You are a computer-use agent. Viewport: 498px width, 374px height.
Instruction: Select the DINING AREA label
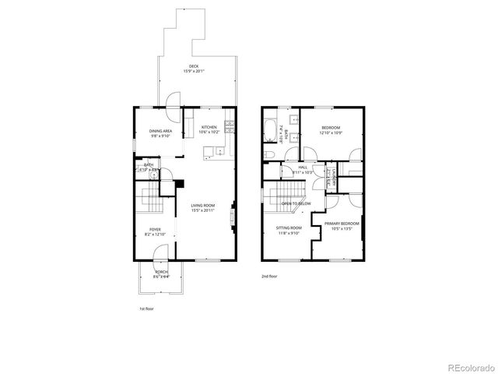coord(161,131)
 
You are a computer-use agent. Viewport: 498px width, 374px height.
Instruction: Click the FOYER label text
coord(154,229)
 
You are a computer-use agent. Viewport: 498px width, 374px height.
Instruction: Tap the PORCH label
coord(161,272)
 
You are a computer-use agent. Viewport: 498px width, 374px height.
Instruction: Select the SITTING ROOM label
coord(289,228)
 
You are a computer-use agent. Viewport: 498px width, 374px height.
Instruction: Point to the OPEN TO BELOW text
coord(296,203)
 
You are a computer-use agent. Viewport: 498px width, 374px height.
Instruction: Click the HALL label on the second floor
coord(303,167)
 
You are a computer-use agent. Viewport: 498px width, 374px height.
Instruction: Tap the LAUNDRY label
coord(333,178)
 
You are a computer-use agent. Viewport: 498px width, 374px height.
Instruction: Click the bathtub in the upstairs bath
coord(269,130)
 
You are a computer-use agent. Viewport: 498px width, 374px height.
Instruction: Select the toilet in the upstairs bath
coord(268,155)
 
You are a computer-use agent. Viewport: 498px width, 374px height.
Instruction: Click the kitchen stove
coord(228,128)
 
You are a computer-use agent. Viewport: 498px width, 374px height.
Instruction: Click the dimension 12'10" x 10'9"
coord(331,132)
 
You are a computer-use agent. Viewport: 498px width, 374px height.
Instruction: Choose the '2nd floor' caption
coord(268,276)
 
